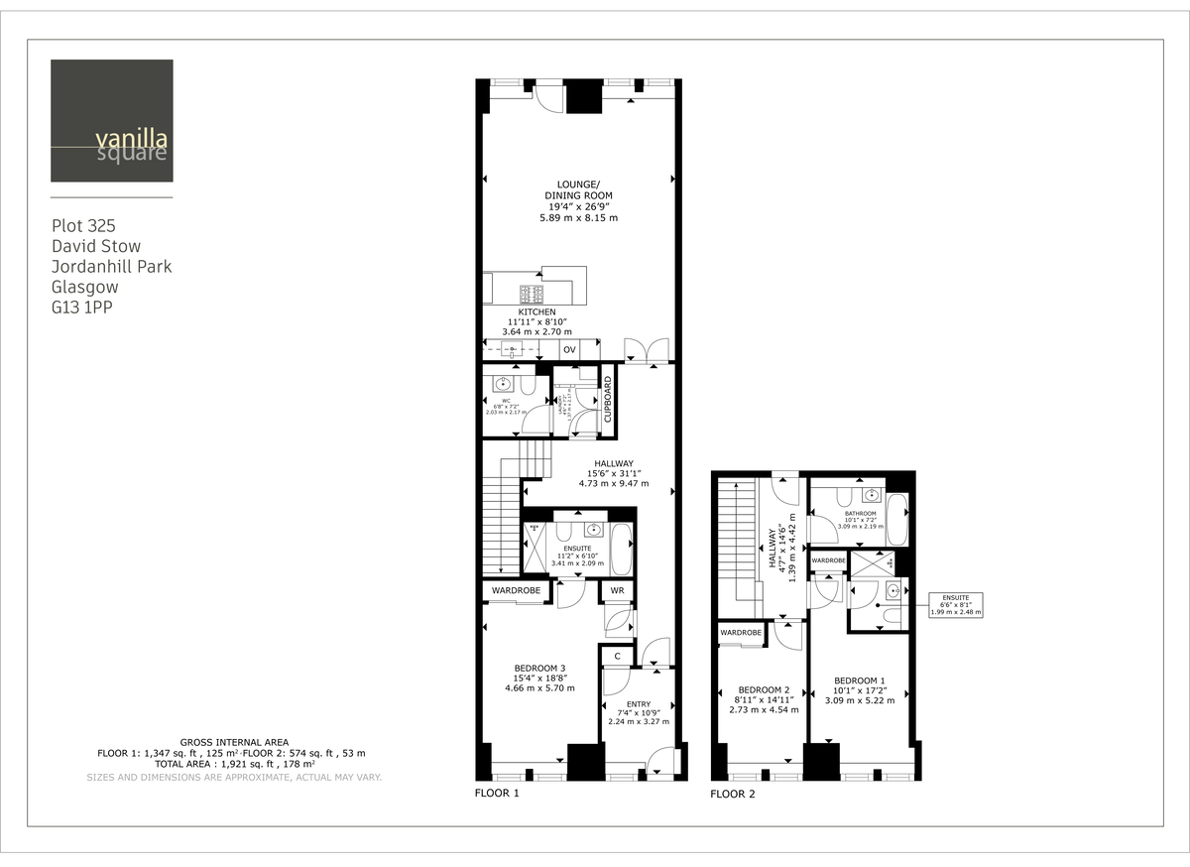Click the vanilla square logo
click(112, 121)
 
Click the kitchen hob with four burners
click(532, 294)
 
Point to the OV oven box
click(569, 350)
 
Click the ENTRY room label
click(638, 704)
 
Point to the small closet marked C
click(617, 656)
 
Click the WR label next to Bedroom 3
click(616, 592)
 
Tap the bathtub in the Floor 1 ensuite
click(621, 550)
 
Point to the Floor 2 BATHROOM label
click(860, 514)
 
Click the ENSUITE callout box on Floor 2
click(956, 604)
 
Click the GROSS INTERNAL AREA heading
click(234, 742)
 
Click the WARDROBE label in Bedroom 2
click(740, 633)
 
